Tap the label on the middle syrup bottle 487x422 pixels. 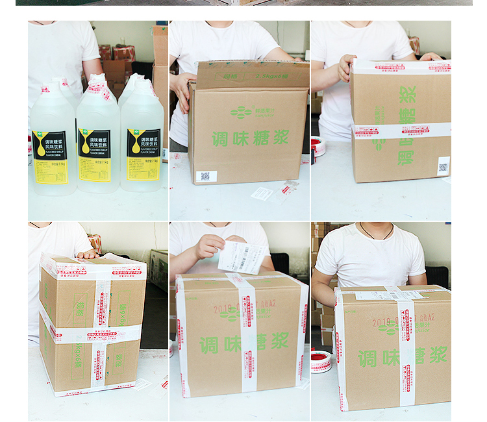(95, 155)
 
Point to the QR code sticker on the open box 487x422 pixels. (206, 176)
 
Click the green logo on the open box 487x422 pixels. (241, 112)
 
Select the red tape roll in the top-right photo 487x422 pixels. (318, 147)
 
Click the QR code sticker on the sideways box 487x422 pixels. (443, 166)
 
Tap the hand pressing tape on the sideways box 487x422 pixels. (345, 68)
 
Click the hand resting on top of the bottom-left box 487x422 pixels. (88, 254)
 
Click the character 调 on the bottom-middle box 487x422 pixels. (208, 345)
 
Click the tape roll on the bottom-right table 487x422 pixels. (320, 362)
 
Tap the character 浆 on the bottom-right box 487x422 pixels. (438, 354)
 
